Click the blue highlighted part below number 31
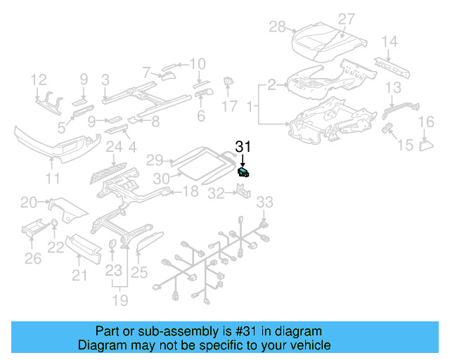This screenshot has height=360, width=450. (x=243, y=172)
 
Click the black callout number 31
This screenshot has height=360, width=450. (x=243, y=147)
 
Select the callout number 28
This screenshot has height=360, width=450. (x=277, y=27)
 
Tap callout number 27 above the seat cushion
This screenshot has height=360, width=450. (x=347, y=20)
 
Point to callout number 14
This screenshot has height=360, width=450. (x=390, y=41)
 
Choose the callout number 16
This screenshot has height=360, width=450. (x=426, y=123)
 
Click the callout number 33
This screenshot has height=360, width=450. (x=263, y=202)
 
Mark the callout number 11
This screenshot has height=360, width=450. (x=53, y=179)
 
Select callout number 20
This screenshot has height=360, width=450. (x=28, y=203)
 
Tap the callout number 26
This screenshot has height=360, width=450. (x=32, y=259)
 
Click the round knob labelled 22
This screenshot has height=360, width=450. (x=53, y=225)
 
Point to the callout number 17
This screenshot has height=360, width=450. (x=230, y=106)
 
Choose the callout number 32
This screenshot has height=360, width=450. (x=217, y=191)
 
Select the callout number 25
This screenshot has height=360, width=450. (x=139, y=272)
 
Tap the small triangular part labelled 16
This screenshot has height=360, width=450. (x=425, y=146)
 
